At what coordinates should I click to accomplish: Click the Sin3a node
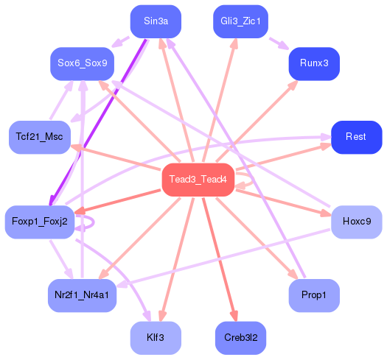[x=156, y=21]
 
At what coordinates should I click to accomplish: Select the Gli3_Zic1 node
[x=240, y=21]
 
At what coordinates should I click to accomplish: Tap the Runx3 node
[x=314, y=63]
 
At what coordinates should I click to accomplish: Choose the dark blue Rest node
[x=356, y=137]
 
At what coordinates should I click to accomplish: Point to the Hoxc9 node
[x=357, y=222]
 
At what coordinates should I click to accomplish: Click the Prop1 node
[x=314, y=295]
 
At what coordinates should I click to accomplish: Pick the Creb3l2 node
[x=240, y=338]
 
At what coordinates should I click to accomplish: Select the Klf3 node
[x=156, y=338]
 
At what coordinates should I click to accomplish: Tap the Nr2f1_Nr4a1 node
[x=82, y=295]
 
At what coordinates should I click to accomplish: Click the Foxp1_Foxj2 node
[x=40, y=222]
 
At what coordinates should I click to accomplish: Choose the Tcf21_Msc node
[x=40, y=137]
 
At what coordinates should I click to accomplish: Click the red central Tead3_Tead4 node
[x=198, y=180]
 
